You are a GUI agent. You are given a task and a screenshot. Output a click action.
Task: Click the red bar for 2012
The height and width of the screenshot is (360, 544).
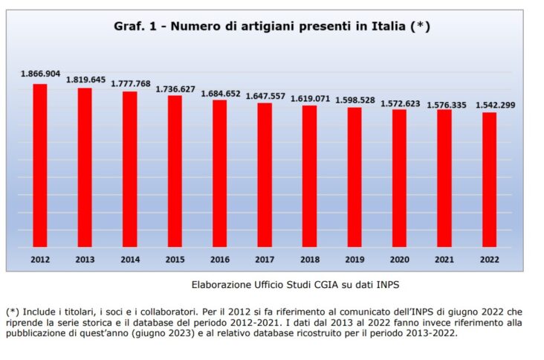tap(40, 164)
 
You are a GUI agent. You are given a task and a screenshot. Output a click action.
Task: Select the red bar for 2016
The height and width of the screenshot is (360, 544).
tap(220, 173)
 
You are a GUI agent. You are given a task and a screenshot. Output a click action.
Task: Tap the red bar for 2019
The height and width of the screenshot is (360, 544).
tap(354, 177)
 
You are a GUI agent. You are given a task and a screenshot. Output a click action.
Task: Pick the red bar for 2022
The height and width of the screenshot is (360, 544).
tap(489, 179)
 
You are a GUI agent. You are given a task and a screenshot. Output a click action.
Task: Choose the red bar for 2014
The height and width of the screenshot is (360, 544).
tap(130, 169)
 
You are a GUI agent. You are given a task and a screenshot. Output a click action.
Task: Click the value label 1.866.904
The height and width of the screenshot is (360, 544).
tap(40, 74)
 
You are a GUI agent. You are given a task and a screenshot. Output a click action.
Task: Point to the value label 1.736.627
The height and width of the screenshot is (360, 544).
tap(175, 89)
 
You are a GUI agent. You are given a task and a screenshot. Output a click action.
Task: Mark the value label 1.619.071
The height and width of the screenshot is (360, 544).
tap(310, 98)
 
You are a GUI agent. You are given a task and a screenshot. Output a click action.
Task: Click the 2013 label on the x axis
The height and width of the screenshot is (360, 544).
tap(85, 260)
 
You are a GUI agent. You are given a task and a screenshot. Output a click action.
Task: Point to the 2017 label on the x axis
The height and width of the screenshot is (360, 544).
tap(265, 260)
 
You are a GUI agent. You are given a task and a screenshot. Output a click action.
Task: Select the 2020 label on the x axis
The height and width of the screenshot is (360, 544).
tap(399, 260)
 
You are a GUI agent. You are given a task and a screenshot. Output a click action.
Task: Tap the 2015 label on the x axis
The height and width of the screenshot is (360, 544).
tap(175, 260)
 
